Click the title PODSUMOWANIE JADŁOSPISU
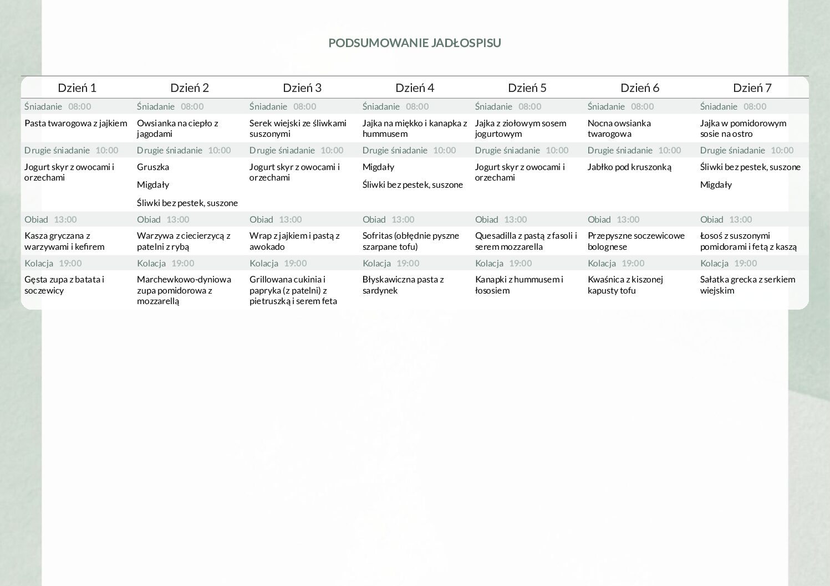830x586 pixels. pyautogui.click(x=414, y=43)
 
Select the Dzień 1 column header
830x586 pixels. pyautogui.click(x=77, y=88)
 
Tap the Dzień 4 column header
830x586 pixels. pyautogui.click(x=415, y=88)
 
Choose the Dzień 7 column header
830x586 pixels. pyautogui.click(x=752, y=88)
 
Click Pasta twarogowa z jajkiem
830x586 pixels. pyautogui.click(x=76, y=123)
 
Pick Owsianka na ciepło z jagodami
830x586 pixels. pyautogui.click(x=177, y=128)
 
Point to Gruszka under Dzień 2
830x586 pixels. pyautogui.click(x=153, y=167)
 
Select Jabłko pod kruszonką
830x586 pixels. pyautogui.click(x=629, y=167)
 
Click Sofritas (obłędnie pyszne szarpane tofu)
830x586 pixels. pyautogui.click(x=411, y=241)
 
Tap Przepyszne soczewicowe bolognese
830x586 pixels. pyautogui.click(x=636, y=241)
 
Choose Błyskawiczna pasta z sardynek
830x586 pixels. pyautogui.click(x=403, y=285)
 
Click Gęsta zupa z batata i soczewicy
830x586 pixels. pyautogui.click(x=64, y=285)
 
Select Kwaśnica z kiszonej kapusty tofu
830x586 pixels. pyautogui.click(x=625, y=285)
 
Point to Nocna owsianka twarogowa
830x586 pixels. pyautogui.click(x=619, y=128)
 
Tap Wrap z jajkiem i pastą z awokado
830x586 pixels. pyautogui.click(x=294, y=241)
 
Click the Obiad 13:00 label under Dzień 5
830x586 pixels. pyautogui.click(x=501, y=219)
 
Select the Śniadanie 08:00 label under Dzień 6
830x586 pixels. pyautogui.click(x=620, y=106)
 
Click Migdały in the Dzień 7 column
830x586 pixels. pyautogui.click(x=716, y=184)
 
